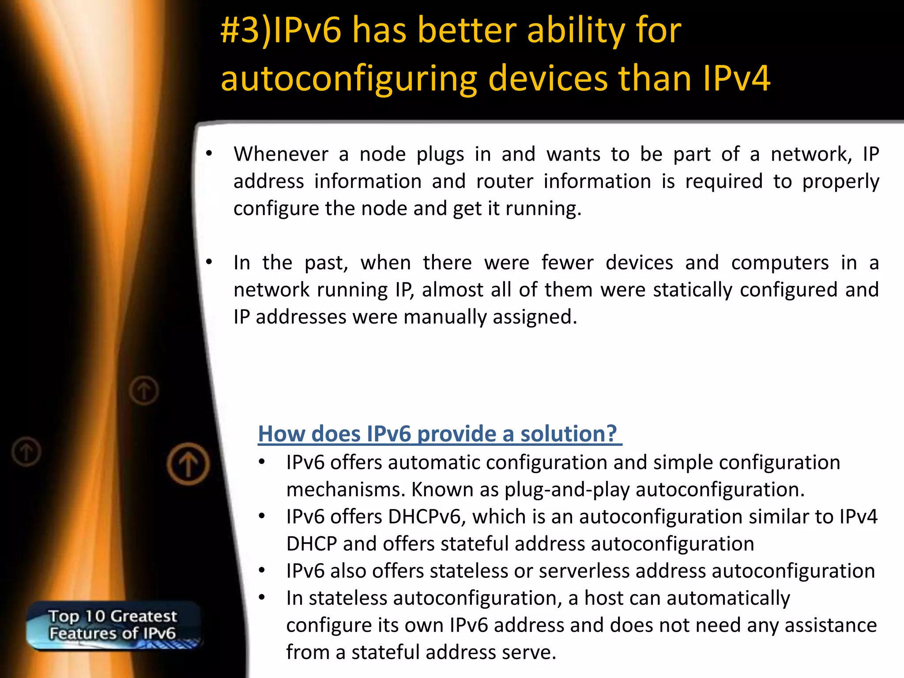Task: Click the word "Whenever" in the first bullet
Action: [281, 154]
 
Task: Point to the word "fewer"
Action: [567, 263]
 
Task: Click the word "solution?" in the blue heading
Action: [569, 434]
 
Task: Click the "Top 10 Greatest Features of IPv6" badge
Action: [113, 625]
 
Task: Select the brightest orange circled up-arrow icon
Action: [188, 464]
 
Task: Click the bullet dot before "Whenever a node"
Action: [209, 154]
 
